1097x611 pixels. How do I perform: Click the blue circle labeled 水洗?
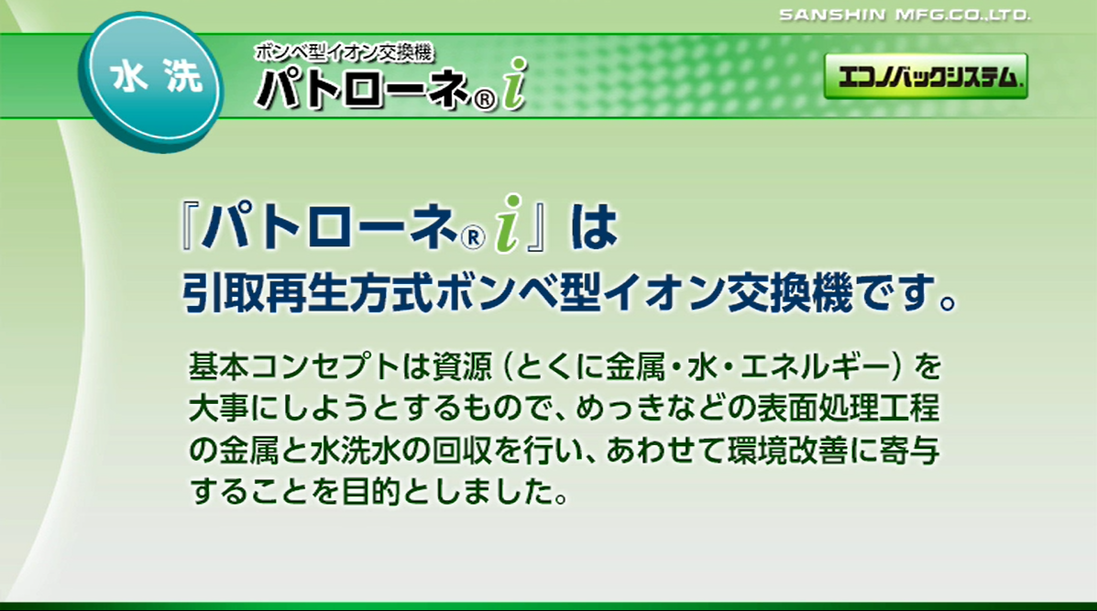153,81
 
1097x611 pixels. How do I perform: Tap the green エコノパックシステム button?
926,77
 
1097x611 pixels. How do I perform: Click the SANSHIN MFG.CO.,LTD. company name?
905,15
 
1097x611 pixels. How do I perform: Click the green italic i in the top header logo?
516,84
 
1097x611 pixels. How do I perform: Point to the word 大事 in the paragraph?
214,409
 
